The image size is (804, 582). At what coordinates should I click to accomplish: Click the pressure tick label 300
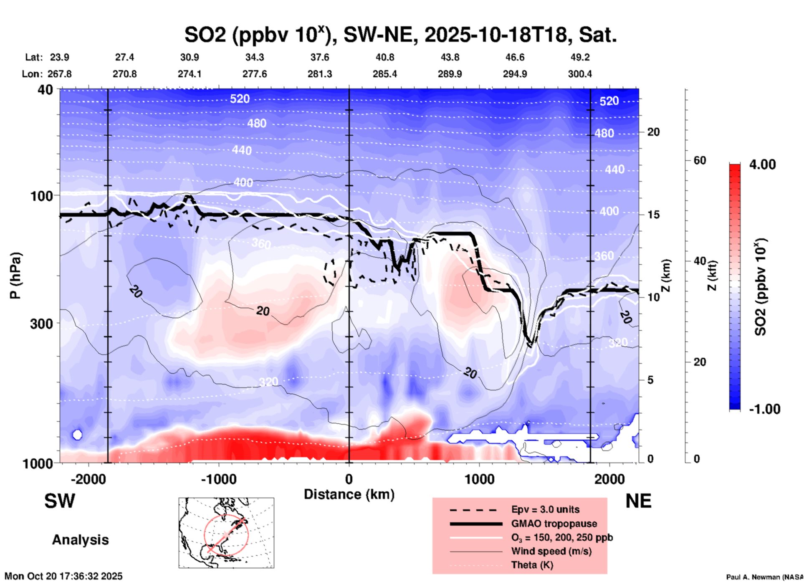(x=41, y=324)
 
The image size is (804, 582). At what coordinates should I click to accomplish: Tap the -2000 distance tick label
(x=88, y=479)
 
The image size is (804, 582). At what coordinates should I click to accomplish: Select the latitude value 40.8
(x=384, y=57)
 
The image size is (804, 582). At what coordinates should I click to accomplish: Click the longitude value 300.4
(x=579, y=74)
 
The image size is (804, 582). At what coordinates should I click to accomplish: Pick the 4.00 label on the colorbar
(x=762, y=164)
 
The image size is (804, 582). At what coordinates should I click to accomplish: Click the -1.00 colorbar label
(x=764, y=409)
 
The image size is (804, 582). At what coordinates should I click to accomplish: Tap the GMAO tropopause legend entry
(x=554, y=524)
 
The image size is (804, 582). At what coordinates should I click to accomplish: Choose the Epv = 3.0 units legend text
(x=545, y=509)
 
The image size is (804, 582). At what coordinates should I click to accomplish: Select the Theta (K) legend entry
(x=532, y=565)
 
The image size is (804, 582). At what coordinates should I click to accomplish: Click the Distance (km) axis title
(x=349, y=494)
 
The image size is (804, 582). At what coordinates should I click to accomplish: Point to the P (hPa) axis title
(x=15, y=276)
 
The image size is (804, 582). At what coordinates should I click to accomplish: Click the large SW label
(x=60, y=501)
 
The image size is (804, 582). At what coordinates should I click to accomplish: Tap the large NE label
(x=638, y=501)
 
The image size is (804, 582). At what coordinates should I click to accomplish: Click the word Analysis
(x=80, y=540)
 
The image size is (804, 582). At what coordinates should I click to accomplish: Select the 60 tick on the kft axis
(x=700, y=160)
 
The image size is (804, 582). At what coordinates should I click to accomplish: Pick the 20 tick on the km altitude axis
(x=653, y=132)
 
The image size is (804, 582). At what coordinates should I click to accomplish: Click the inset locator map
(x=226, y=533)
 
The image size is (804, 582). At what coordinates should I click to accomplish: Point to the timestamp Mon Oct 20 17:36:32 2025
(x=63, y=576)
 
